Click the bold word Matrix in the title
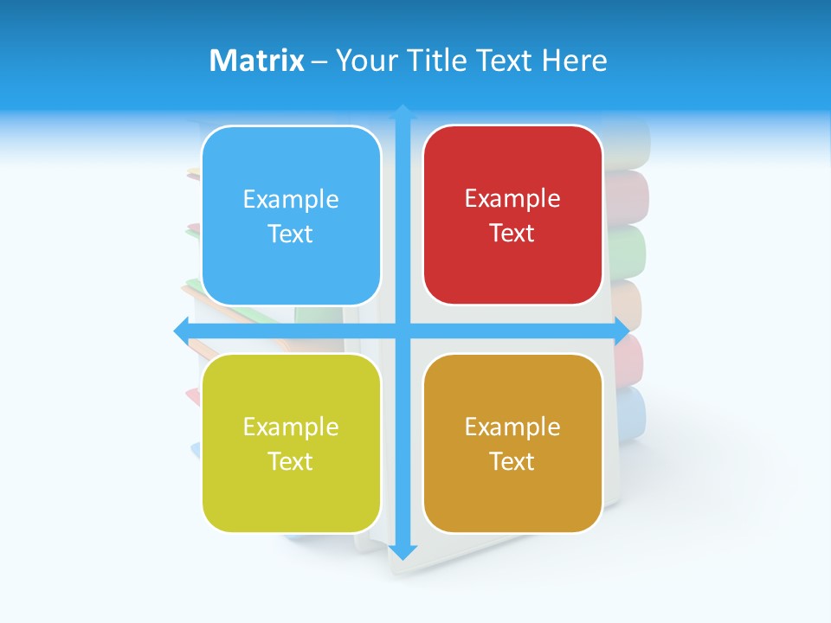pos(256,61)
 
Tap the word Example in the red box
pos(512,199)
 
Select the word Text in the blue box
pos(290,234)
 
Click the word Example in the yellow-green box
pos(291,427)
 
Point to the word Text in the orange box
pos(512,461)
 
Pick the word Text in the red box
pos(512,234)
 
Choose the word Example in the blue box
pos(291,200)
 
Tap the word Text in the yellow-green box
pos(290,461)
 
